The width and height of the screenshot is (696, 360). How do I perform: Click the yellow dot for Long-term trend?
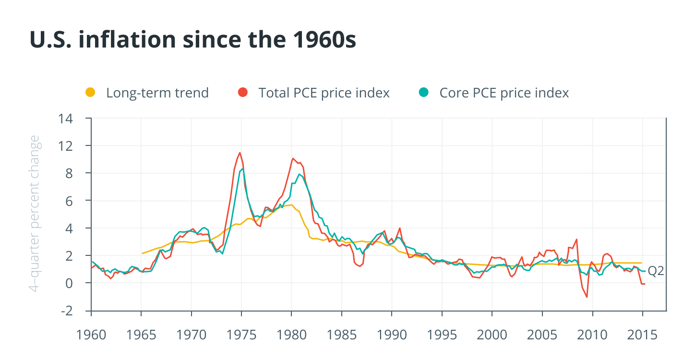click(x=90, y=92)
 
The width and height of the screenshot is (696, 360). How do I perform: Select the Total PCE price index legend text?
click(x=324, y=93)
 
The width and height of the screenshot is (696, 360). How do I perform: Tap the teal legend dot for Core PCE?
click(x=423, y=92)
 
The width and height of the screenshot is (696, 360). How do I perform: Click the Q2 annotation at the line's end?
click(x=656, y=271)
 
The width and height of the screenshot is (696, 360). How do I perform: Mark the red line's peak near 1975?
click(x=239, y=153)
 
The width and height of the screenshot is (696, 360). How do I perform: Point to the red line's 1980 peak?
click(x=293, y=158)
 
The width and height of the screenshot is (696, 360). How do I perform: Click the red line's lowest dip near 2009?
click(x=587, y=297)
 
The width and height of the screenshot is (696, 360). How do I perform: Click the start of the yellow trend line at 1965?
click(x=142, y=253)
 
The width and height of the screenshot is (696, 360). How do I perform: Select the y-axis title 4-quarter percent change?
click(x=35, y=214)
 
